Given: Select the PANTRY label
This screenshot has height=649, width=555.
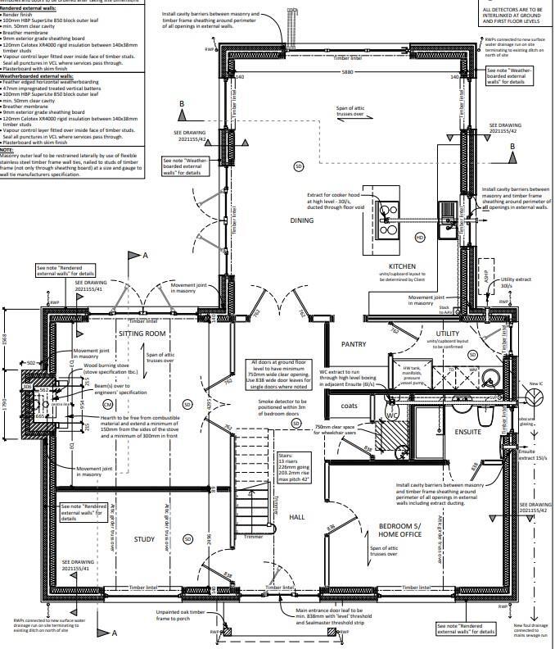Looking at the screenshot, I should (354, 345).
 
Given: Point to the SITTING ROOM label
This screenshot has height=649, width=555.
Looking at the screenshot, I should (142, 334).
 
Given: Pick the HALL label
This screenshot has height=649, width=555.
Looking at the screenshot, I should (297, 516).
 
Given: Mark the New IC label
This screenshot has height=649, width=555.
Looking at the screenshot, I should (538, 383).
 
